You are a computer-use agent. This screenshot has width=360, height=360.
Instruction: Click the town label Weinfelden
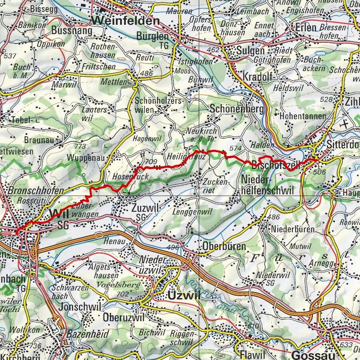click(125, 20)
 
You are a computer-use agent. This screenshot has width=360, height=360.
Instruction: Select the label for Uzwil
click(181, 296)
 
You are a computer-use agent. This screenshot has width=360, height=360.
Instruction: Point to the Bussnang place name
click(72, 30)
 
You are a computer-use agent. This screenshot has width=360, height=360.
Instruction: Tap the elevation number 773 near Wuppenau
click(80, 147)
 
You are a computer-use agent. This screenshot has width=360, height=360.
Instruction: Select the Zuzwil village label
click(145, 208)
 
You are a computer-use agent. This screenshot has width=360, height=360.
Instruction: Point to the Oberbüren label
click(224, 246)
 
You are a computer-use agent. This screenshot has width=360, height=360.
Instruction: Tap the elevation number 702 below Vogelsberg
click(123, 294)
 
